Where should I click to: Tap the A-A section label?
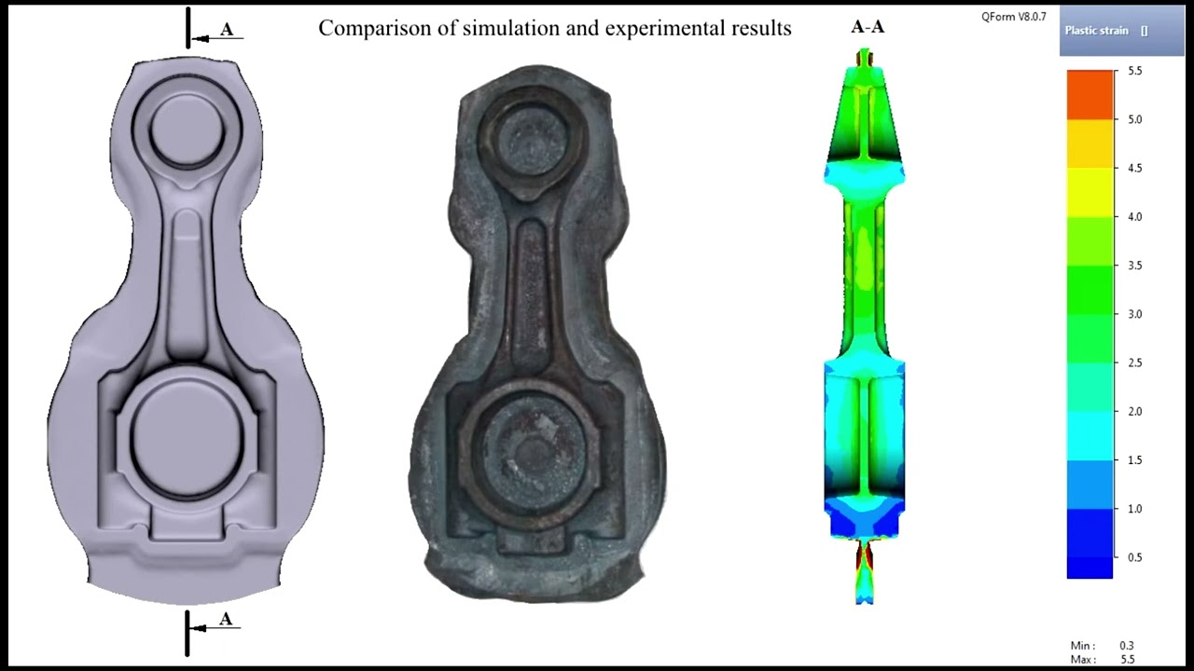[x=868, y=27]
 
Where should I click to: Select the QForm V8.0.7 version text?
[x=1013, y=17]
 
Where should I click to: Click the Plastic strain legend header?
[x=1106, y=31]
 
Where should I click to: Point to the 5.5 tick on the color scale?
[x=1135, y=71]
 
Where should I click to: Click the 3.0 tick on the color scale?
[x=1135, y=314]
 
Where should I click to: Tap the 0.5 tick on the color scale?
[x=1135, y=557]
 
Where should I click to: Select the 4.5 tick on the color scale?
[x=1135, y=169]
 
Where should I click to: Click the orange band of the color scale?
[x=1090, y=95]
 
